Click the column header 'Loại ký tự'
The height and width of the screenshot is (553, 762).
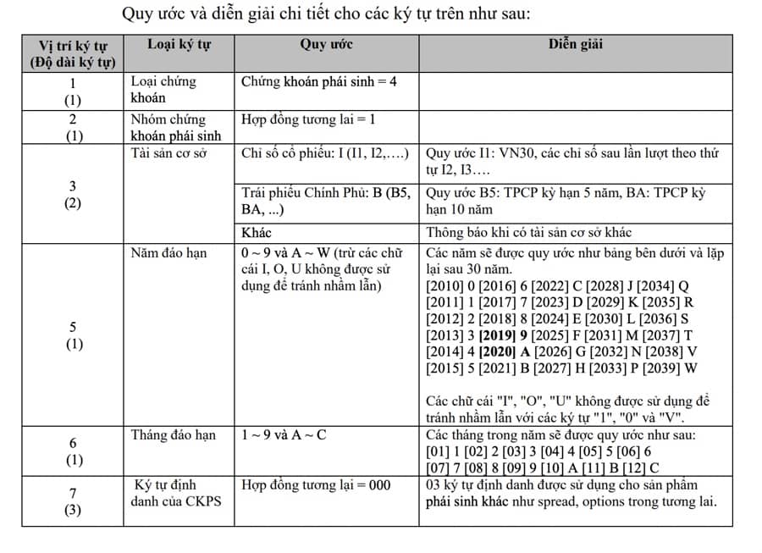point(179,45)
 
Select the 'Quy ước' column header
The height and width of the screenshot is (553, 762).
point(326,45)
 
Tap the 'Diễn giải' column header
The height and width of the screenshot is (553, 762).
point(576,45)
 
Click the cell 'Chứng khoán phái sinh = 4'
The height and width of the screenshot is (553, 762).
point(319,82)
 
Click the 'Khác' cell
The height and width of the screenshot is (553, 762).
point(257,232)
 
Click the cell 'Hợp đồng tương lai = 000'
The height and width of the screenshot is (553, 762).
point(317,485)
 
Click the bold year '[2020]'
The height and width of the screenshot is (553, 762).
point(497,351)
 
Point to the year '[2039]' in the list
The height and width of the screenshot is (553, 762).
point(654,368)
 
